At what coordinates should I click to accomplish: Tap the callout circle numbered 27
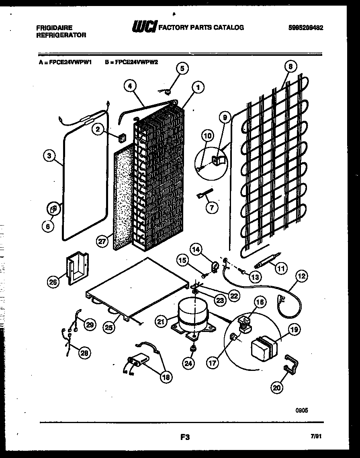pos(103,241)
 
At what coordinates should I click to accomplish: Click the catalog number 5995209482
pos(306,28)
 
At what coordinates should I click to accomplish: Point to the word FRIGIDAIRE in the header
pos(54,28)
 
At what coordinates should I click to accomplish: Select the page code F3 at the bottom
pos(185,438)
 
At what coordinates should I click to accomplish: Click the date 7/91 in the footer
pos(316,436)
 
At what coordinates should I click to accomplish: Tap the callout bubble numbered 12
pos(301,276)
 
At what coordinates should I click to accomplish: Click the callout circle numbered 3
pos(49,157)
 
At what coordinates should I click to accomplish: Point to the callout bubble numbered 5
pos(182,69)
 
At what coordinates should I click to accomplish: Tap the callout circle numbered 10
pos(207,136)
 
